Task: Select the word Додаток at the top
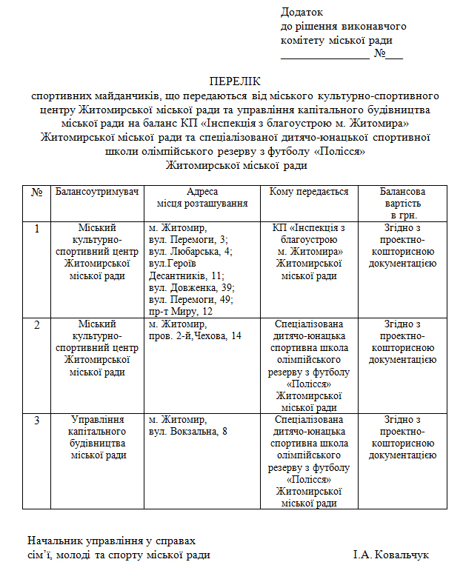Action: coord(302,12)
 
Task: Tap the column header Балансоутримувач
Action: coord(97,192)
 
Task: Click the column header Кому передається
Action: coord(309,192)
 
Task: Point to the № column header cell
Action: coord(37,192)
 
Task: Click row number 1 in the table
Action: coord(37,228)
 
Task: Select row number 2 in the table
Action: coord(37,325)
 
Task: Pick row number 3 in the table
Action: coord(37,420)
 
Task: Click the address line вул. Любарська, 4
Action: coord(190,251)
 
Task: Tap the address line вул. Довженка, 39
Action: coord(191,287)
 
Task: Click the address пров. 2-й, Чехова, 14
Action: coord(195,336)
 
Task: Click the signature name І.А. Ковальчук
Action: coord(390,555)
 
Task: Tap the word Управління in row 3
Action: coord(97,420)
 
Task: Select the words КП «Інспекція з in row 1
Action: coord(309,227)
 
